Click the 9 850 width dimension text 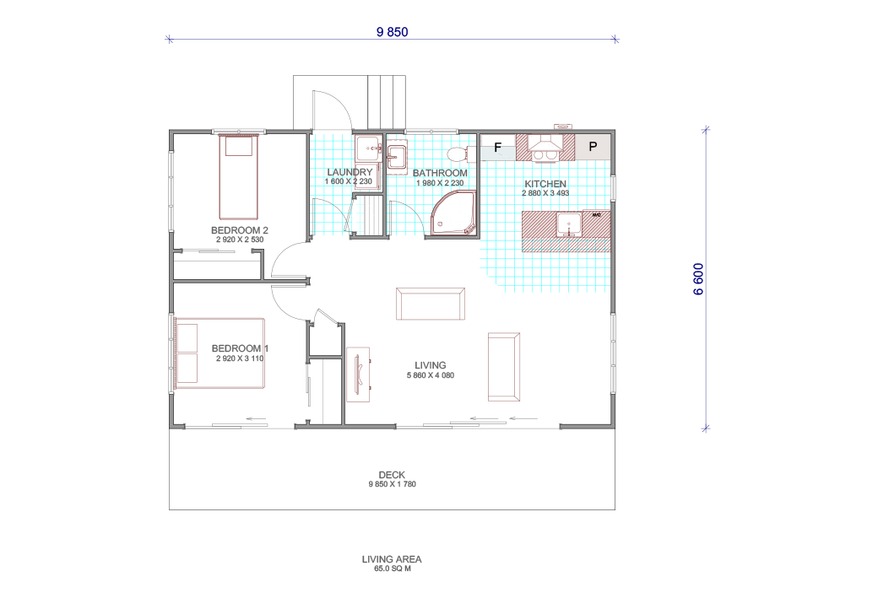392,32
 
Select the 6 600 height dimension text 698,279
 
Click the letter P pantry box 593,147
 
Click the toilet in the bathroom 458,154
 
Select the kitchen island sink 569,225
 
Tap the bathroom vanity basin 397,156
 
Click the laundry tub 368,148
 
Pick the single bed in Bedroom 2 239,177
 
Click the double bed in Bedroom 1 219,353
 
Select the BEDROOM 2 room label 240,230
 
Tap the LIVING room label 430,365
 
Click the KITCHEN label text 545,184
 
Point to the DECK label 392,475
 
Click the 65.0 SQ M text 393,568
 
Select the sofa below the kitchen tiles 431,304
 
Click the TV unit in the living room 358,374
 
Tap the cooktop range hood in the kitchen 545,147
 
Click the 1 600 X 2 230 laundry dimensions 349,181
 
